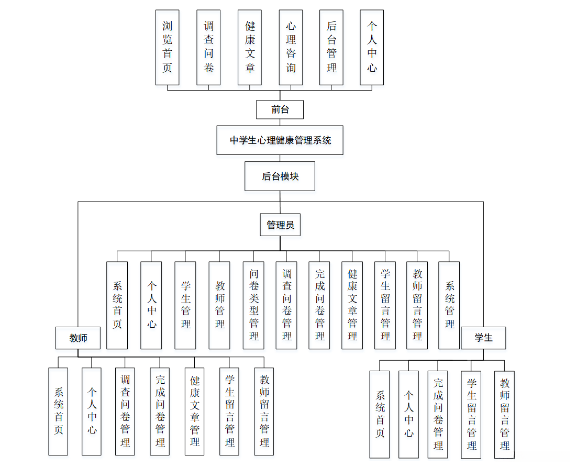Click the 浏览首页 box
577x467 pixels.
167,47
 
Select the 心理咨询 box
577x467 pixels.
291,47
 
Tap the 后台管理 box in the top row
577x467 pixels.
331,47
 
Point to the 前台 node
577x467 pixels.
280,109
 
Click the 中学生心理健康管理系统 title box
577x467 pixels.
280,140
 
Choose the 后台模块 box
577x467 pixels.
280,176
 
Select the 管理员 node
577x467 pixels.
280,225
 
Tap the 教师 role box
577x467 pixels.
78,338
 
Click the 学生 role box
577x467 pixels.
483,338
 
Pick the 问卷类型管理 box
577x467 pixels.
254,305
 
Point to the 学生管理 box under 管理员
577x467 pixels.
185,305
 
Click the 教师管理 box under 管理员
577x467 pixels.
219,305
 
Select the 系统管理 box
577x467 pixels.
449,305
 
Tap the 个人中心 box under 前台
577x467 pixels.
372,47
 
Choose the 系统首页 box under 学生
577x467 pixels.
380,414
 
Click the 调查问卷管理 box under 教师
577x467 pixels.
125,411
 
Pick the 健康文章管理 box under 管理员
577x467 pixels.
352,305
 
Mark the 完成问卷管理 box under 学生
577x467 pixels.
438,414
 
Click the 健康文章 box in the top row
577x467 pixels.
250,47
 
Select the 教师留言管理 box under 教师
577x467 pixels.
264,411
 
